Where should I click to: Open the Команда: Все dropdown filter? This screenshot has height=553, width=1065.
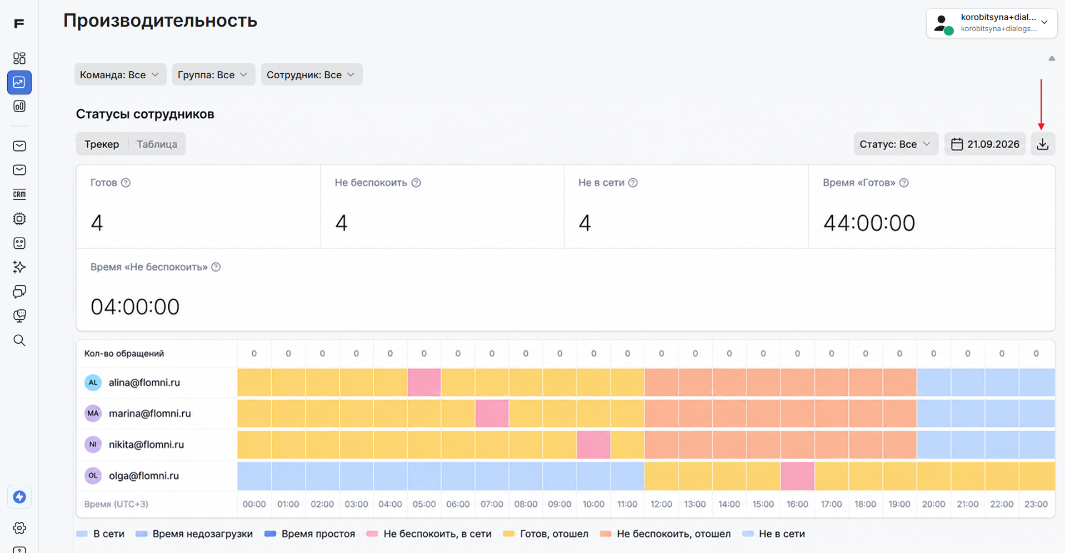click(120, 74)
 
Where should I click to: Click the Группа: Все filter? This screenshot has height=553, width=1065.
click(213, 74)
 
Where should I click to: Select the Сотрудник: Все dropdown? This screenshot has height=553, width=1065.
click(311, 74)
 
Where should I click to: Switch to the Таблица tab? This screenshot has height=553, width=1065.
click(157, 144)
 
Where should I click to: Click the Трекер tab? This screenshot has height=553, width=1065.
click(102, 144)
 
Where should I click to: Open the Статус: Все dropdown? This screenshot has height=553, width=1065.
click(895, 144)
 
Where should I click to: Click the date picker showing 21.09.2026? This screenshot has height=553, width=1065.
click(985, 144)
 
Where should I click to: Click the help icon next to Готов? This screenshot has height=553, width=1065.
click(126, 183)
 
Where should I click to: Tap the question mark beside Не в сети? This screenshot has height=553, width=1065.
click(633, 183)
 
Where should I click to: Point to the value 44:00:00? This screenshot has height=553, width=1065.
click(869, 223)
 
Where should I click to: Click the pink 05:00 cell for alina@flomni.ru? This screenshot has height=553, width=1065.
click(424, 383)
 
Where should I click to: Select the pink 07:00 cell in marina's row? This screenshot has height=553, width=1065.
click(492, 414)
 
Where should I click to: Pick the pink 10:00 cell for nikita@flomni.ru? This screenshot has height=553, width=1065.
click(593, 445)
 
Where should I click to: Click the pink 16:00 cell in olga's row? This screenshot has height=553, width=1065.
click(797, 476)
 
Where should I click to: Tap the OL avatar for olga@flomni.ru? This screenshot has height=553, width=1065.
click(93, 476)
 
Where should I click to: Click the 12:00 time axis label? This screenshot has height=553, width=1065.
click(661, 504)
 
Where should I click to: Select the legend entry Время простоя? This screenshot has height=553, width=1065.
click(310, 534)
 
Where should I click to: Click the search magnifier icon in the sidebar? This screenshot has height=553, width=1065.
click(19, 340)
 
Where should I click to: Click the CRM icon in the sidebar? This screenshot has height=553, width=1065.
click(19, 194)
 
